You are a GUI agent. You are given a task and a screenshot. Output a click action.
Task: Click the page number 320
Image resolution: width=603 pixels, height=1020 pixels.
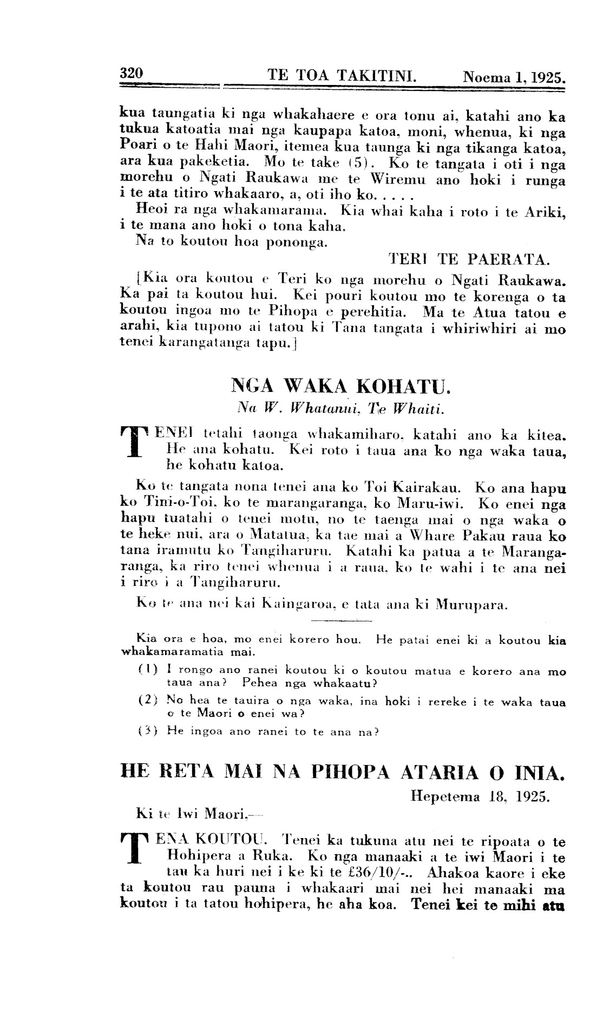(131, 73)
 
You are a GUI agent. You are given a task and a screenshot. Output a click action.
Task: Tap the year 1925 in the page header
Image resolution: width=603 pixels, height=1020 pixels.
(547, 76)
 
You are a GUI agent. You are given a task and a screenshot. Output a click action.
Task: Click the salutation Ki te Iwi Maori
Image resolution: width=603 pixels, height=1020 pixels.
(191, 813)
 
